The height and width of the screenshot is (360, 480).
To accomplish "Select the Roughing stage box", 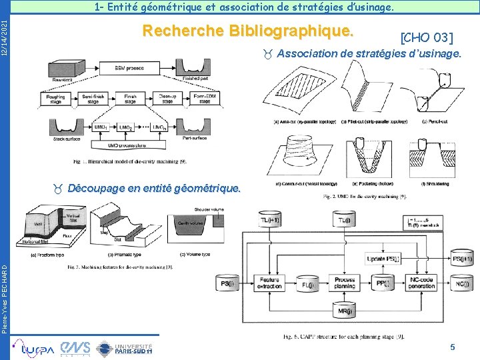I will [57, 99].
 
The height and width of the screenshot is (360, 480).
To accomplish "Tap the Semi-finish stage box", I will [93, 99].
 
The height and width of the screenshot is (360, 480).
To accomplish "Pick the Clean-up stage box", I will [168, 99].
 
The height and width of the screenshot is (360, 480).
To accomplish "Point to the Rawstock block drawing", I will [62, 67].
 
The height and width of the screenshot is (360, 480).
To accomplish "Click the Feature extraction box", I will [270, 283].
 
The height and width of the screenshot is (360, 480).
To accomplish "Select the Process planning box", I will [345, 283].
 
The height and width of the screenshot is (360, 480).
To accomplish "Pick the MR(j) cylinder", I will [345, 310].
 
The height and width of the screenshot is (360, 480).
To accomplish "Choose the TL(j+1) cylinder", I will [271, 220].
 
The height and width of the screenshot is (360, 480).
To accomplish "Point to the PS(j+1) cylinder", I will [461, 259].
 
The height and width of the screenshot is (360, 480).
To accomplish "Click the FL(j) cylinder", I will [307, 284].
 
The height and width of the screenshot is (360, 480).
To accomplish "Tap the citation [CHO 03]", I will [426, 36].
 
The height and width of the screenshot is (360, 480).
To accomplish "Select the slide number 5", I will [453, 347].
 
